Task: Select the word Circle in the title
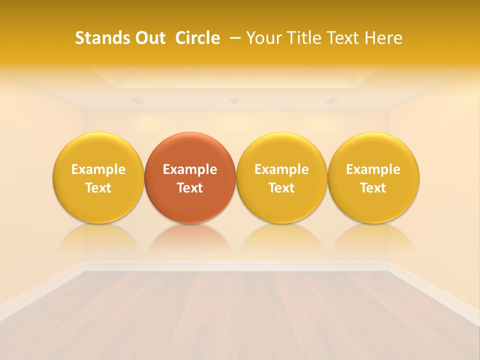tap(197, 38)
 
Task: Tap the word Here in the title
tap(384, 38)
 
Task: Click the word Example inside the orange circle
tap(190, 169)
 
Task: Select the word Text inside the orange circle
tap(190, 188)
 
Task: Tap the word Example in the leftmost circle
tap(98, 169)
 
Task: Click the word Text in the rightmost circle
tap(373, 188)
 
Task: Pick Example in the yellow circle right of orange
tap(281, 169)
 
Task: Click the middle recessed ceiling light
tap(234, 101)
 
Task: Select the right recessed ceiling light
tap(331, 101)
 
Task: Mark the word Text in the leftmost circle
tap(98, 188)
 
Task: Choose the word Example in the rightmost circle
tap(373, 169)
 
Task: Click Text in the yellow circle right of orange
tap(281, 188)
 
